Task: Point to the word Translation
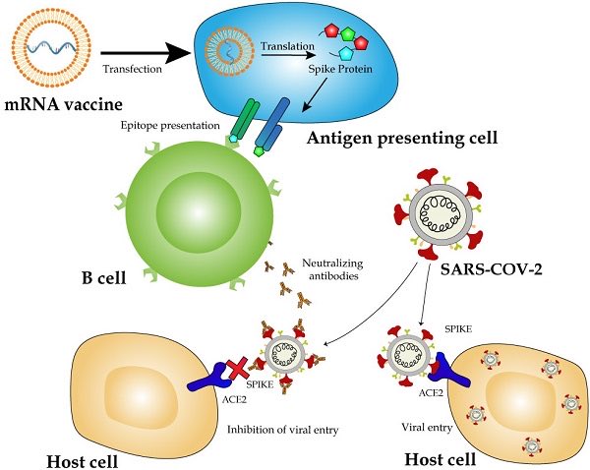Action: pyautogui.click(x=284, y=45)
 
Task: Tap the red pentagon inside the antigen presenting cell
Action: pyautogui.click(x=361, y=44)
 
